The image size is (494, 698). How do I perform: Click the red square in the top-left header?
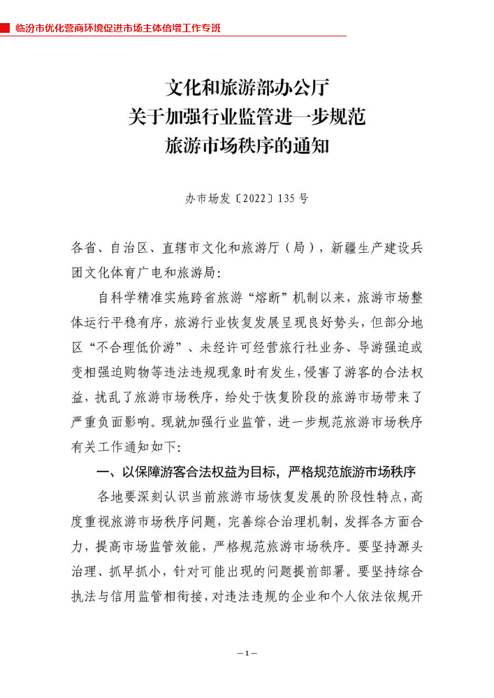pyautogui.click(x=5, y=28)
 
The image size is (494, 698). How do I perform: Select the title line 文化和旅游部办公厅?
pyautogui.click(x=247, y=89)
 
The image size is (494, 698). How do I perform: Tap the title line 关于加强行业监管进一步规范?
pyautogui.click(x=247, y=118)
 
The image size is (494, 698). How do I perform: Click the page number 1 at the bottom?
pyautogui.click(x=247, y=653)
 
